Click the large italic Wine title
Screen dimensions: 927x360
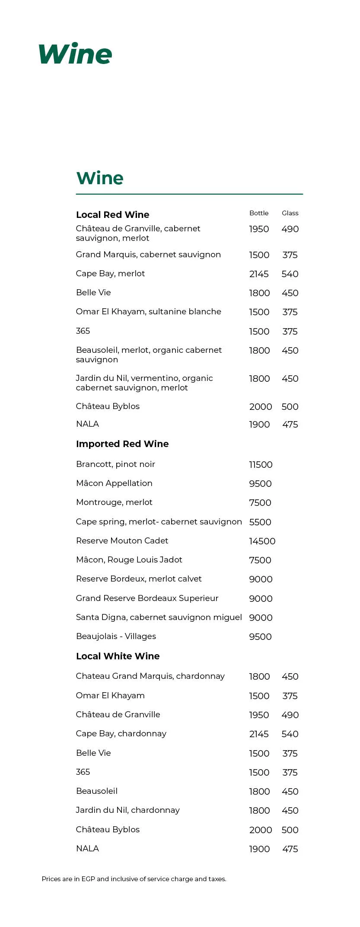tap(75, 54)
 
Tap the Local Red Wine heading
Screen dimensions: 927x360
tap(112, 215)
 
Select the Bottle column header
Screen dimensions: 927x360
tap(259, 213)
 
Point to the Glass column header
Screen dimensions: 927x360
tap(290, 213)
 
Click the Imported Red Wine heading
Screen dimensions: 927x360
tap(122, 444)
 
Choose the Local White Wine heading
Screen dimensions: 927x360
tap(118, 656)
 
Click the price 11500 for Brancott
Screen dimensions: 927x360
tap(261, 465)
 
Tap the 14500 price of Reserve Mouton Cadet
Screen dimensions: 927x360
tap(262, 541)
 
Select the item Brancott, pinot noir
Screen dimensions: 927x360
tap(115, 464)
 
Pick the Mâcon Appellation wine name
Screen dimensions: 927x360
tap(114, 483)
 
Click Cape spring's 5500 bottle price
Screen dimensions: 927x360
tap(260, 522)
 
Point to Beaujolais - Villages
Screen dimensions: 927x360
tap(116, 636)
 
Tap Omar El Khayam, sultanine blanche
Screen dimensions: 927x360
tap(148, 312)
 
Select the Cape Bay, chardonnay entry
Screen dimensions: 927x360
tap(121, 734)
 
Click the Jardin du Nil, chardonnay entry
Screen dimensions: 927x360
tap(127, 810)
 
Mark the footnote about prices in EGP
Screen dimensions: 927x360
tap(134, 879)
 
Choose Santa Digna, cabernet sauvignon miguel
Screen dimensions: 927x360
tap(159, 617)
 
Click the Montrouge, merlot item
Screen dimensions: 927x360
tap(114, 502)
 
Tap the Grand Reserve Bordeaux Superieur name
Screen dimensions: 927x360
tap(147, 598)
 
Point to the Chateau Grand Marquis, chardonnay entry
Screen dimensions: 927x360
tap(150, 676)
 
